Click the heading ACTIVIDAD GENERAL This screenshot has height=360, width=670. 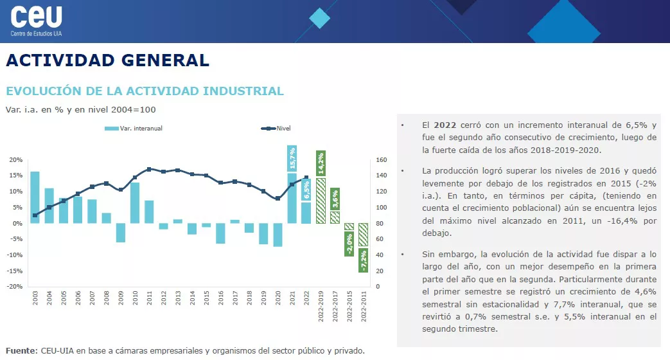[x=107, y=60]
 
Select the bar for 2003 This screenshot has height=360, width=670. [x=35, y=197]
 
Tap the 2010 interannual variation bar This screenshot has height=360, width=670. [x=135, y=203]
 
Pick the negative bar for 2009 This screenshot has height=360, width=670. [x=121, y=233]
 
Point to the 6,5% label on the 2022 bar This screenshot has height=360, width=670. [x=306, y=190]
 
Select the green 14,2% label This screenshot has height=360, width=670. [x=321, y=164]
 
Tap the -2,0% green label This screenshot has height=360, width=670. [x=349, y=244]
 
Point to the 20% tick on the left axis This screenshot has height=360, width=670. [x=16, y=160]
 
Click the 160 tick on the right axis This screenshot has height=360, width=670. [x=380, y=160]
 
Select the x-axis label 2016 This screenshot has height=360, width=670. [x=220, y=300]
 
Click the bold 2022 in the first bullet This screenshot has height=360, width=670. [x=445, y=125]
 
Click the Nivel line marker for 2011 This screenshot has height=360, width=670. [x=149, y=169]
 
